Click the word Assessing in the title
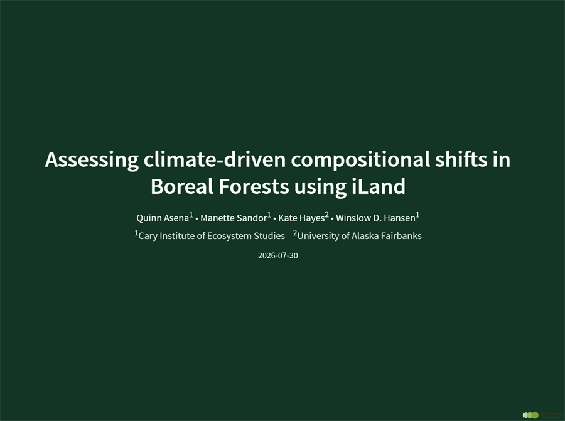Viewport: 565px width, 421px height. pos(92,159)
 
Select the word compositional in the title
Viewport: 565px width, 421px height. pos(360,159)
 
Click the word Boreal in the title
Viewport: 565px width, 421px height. pos(182,186)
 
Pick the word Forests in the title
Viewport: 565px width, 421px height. pos(254,186)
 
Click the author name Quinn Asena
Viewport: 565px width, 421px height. pos(163,218)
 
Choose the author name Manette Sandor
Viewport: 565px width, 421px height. pos(234,218)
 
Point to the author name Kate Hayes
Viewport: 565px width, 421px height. pos(301,218)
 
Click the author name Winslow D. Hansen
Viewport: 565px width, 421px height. pos(375,218)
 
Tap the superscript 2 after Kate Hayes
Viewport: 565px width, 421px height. pos(327,215)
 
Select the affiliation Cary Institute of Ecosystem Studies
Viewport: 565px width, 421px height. pos(212,236)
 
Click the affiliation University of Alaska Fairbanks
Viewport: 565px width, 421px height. pos(359,236)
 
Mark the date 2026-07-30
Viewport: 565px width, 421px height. pos(278,256)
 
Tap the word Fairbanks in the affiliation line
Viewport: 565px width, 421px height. pos(401,236)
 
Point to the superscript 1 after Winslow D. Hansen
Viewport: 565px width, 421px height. pos(417,215)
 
